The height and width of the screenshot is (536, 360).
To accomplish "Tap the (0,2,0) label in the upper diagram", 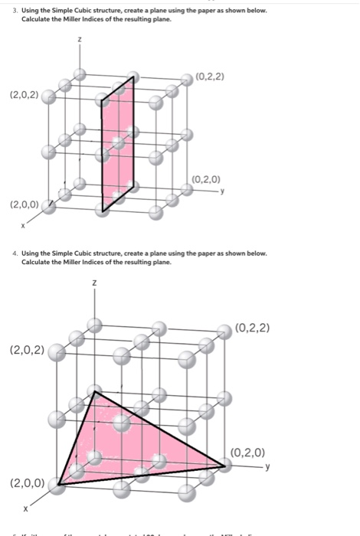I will click(208, 180).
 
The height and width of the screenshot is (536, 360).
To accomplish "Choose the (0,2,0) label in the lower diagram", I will click(247, 451).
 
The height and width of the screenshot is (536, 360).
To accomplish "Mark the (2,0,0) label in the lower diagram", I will click(28, 483).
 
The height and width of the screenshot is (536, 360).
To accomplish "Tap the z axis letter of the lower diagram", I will click(94, 284).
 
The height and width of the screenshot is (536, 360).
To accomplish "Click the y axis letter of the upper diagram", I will click(222, 191).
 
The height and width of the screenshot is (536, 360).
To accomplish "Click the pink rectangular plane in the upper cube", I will click(119, 145).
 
